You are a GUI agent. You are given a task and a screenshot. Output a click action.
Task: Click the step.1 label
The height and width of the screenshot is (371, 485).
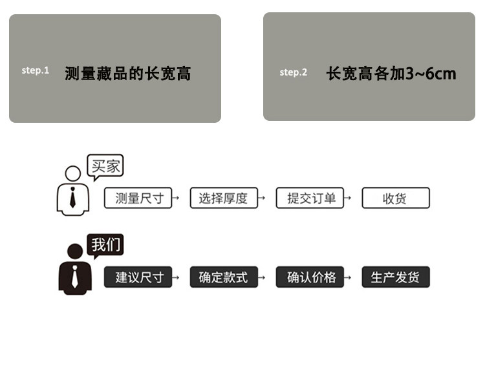point(35,70)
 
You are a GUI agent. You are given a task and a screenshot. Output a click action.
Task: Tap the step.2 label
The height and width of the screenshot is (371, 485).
point(294,72)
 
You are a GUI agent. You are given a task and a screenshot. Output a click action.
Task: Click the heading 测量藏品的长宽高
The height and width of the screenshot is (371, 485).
point(128,73)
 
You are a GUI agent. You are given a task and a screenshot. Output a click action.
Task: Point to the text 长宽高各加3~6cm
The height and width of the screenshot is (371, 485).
point(391,73)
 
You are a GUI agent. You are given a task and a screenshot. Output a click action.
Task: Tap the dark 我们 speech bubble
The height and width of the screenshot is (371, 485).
point(106,246)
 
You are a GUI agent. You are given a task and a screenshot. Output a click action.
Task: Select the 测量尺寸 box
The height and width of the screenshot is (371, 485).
point(138,198)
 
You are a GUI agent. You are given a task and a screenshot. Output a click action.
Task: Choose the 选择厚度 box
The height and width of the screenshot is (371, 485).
point(224,198)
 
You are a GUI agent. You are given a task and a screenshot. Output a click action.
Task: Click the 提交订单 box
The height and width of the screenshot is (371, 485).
point(310,198)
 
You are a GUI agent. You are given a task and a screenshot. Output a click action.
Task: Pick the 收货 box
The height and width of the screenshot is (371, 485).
point(395,198)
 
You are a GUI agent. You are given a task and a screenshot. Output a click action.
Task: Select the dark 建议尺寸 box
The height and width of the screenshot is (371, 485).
point(138,278)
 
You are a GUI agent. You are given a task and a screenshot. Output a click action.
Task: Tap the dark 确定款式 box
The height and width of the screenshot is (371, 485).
point(224,278)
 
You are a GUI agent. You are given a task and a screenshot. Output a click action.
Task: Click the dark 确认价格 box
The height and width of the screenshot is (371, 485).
point(310,278)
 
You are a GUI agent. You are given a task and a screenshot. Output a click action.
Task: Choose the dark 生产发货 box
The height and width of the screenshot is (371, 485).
point(395,278)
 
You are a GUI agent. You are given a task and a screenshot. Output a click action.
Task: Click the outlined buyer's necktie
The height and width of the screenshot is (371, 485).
point(72,196)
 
